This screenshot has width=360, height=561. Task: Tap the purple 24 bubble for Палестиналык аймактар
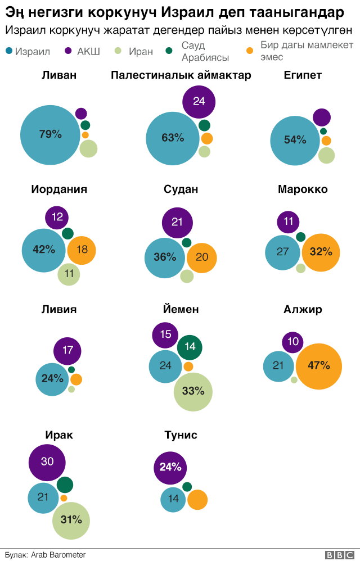[x=199, y=101]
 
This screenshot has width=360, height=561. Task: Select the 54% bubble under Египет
[x=295, y=140]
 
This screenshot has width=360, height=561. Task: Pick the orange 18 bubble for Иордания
[x=82, y=250]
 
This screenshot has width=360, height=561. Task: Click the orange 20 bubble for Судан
[x=202, y=257]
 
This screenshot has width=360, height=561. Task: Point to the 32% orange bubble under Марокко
[x=321, y=252]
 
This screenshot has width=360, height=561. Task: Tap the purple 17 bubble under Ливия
[x=67, y=350]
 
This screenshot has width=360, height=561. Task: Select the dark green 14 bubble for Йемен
[x=190, y=347]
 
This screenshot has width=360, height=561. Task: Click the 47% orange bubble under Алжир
[x=318, y=366]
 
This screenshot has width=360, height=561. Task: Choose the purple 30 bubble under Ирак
[x=47, y=462]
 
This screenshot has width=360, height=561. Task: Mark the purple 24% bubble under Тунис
[x=170, y=467]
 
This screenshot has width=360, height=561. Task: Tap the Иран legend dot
[x=118, y=51]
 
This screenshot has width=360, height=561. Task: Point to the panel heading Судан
[x=181, y=189]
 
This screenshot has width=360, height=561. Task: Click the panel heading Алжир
[x=303, y=309]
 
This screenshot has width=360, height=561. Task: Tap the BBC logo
[x=336, y=554]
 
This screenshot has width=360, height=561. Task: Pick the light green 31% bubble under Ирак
[x=71, y=520]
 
